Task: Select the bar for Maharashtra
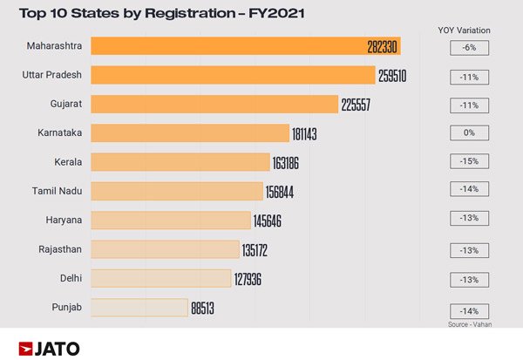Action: click(x=227, y=47)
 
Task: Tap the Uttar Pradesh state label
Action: click(x=51, y=76)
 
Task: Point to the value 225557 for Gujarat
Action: click(x=360, y=105)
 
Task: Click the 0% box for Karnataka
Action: click(x=469, y=133)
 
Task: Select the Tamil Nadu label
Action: click(x=56, y=191)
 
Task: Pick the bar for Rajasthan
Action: click(x=165, y=249)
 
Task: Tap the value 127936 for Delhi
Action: click(x=255, y=279)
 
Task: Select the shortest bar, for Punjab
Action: click(x=139, y=308)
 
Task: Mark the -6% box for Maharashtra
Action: click(x=469, y=48)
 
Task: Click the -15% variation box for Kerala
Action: click(x=469, y=162)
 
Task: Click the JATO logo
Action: click(x=49, y=348)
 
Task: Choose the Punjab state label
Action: click(x=68, y=307)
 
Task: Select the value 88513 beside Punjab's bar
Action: click(x=208, y=308)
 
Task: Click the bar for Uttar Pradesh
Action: click(x=232, y=76)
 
